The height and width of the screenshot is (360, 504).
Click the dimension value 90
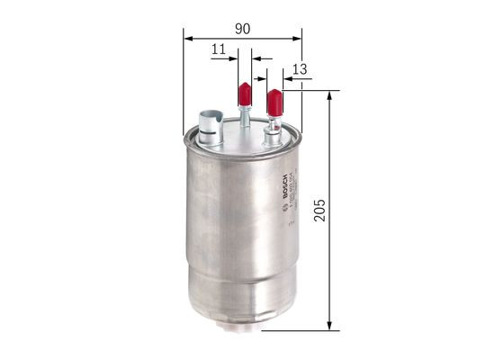pyautogui.click(x=242, y=28)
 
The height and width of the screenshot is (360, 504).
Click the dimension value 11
pyautogui.click(x=219, y=51)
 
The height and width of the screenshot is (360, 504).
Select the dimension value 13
pyautogui.click(x=300, y=70)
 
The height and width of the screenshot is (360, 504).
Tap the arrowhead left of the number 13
pyautogui.click(x=279, y=78)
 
